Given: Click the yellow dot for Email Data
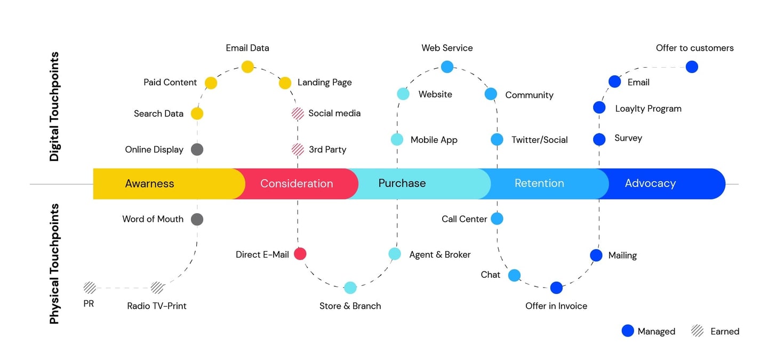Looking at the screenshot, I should pos(247,67).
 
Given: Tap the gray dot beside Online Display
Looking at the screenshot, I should pos(197,149).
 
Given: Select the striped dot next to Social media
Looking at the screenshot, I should pos(298,113).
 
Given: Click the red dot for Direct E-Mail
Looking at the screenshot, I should pos(300,254).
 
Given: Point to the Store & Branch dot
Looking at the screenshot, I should pos(350,287).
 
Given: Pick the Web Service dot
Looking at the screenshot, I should pos(447,67).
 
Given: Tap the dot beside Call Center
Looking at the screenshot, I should pos(497,219).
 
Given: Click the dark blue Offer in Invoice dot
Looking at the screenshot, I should pos(556,287).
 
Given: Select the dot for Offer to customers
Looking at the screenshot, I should pos(692,67).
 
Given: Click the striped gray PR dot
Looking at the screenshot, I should pos(90,288).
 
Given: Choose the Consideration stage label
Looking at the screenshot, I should pos(297,183).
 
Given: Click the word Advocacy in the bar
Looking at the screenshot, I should pos(650,183).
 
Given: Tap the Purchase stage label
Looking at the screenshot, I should pos(402,183).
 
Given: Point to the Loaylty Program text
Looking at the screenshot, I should pos(648,108).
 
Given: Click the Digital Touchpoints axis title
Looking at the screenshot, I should pos(54,107).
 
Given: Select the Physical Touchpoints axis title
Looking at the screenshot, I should pos(54,263).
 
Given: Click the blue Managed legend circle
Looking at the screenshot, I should pos(628,331).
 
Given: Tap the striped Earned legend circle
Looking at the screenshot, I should pos(697,331).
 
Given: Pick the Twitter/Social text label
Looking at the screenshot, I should pos(539,140).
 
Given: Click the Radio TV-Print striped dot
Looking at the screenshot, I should pos(157,288).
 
